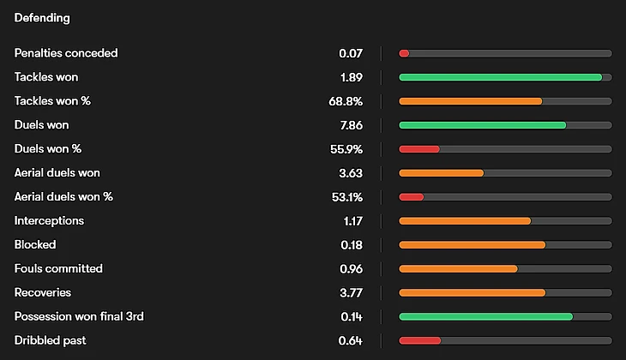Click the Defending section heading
coord(42,17)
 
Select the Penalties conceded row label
coord(66,53)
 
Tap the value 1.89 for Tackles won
coord(351,77)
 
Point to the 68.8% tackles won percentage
coord(346,101)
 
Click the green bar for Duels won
coord(482,125)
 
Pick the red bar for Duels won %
coord(419,149)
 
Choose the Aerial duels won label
coord(57,173)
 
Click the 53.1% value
coord(346,197)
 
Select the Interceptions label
coord(49,221)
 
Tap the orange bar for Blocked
coord(472,245)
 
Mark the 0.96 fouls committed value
coord(351,269)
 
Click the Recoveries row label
coord(43,293)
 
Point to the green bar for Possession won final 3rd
coord(485,317)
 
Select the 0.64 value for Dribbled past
coord(351,341)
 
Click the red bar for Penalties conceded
coord(404,53)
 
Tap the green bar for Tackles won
coord(500,77)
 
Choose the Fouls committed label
coord(58,269)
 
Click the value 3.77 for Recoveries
coord(351,293)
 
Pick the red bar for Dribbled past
coord(419,341)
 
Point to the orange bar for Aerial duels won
coord(441,173)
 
